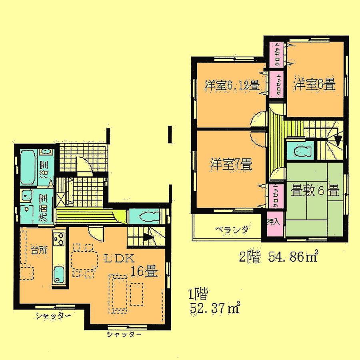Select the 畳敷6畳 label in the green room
[x=315, y=190]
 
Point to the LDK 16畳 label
[x=132, y=265]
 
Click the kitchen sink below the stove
[x=59, y=275]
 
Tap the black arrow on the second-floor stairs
[x=338, y=140]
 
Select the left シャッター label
[x=53, y=316]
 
